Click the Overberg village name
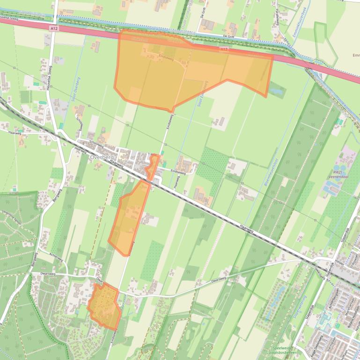pyautogui.click(x=101, y=158)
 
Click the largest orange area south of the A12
pyautogui.click(x=187, y=70)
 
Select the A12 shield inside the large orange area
pyautogui.click(x=223, y=49)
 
